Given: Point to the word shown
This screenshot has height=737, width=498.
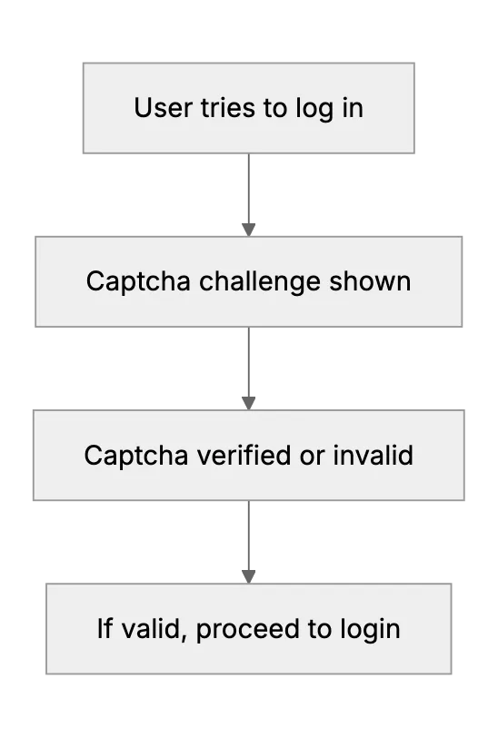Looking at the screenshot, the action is [x=370, y=281].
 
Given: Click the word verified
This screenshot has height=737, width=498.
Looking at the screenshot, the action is [x=244, y=455].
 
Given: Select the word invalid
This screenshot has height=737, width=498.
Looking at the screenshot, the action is [x=373, y=455].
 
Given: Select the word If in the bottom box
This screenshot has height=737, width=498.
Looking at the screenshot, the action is [x=105, y=628].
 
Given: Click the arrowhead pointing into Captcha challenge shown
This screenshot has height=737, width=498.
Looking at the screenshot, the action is [x=248, y=230].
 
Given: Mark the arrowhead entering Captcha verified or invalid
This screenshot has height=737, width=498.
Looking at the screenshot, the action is [x=248, y=403].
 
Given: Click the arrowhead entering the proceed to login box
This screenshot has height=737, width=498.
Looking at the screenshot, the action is [x=248, y=576].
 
